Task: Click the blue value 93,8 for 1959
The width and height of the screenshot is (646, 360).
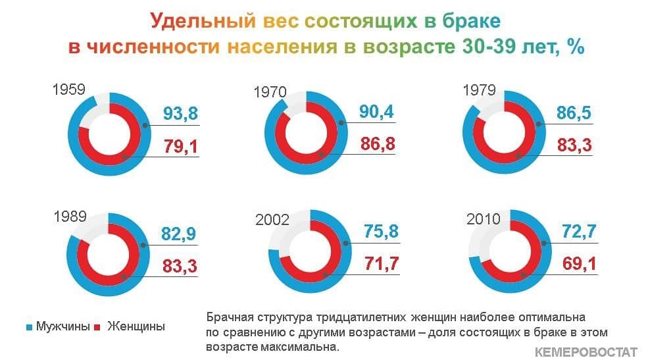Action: pyautogui.click(x=180, y=113)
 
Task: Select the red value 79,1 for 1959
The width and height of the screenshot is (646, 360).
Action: pyautogui.click(x=180, y=146)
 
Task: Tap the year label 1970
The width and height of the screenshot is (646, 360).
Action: pyautogui.click(x=270, y=91)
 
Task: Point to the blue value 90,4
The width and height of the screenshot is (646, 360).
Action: pyautogui.click(x=376, y=111)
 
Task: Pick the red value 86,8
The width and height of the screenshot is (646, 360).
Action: pyautogui.click(x=378, y=144)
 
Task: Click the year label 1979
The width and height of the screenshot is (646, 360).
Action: pyautogui.click(x=479, y=90)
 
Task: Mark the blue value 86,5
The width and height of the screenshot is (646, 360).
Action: pyautogui.click(x=574, y=113)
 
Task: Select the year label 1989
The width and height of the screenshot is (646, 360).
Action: pyautogui.click(x=70, y=217)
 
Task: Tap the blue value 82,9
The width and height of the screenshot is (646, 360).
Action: pyautogui.click(x=178, y=234)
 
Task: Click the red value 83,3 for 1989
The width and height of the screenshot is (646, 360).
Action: pyautogui.click(x=180, y=266)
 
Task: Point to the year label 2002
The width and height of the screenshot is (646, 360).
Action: pyautogui.click(x=272, y=219)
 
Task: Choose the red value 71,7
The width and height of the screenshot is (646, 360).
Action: pyautogui.click(x=382, y=263)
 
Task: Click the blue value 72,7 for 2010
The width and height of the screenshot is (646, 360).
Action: pyautogui.click(x=580, y=232)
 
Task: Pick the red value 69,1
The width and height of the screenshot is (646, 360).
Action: pyautogui.click(x=580, y=263)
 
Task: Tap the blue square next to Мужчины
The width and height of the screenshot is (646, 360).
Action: pyautogui.click(x=29, y=328)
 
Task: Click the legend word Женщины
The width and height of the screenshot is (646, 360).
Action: pyautogui.click(x=136, y=326)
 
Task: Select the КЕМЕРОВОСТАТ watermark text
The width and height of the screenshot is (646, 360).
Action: pyautogui.click(x=586, y=352)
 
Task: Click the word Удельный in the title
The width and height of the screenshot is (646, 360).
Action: pyautogui.click(x=203, y=20)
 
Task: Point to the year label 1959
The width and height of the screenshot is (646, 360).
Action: pyautogui.click(x=69, y=89)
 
